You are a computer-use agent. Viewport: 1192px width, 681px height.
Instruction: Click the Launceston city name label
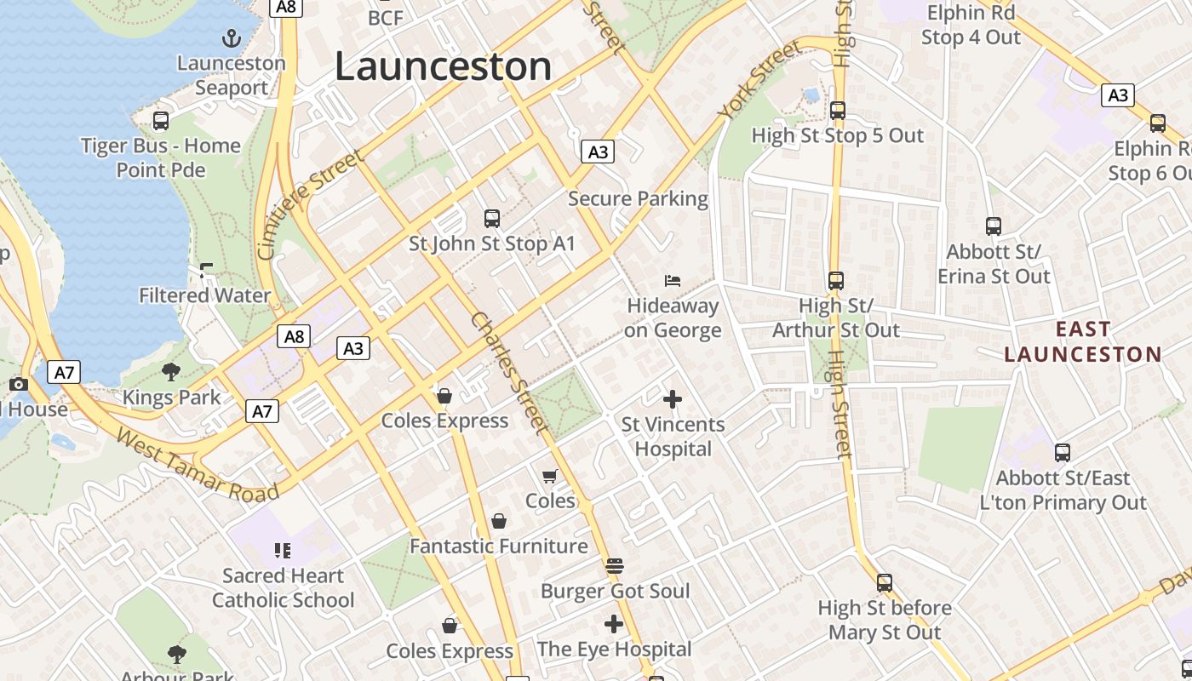[x=443, y=66]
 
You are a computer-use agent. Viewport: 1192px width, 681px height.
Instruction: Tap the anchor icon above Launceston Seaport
[x=231, y=38]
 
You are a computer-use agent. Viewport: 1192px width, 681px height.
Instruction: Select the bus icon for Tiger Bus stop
[x=160, y=121]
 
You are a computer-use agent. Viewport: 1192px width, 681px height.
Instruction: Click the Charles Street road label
[x=507, y=373]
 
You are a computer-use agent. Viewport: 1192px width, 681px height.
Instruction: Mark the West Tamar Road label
[x=198, y=466]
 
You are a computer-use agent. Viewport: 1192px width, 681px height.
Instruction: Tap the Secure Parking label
[x=638, y=199]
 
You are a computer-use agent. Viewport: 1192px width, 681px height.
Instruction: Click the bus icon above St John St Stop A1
[x=492, y=219]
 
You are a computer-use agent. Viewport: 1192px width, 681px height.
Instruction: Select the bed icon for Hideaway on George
[x=673, y=281]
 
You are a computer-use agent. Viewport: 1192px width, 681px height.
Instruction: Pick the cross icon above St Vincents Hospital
[x=673, y=398]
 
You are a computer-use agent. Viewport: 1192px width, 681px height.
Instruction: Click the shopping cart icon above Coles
[x=550, y=476]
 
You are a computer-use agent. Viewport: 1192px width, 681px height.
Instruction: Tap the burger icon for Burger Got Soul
[x=615, y=565]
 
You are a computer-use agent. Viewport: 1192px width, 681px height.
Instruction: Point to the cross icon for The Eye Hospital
[x=614, y=624]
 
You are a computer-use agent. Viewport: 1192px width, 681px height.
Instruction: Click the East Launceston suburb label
[x=1082, y=341]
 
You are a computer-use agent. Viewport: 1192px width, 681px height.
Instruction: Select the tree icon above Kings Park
[x=171, y=371]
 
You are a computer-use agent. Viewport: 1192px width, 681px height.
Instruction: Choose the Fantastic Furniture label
[x=499, y=547]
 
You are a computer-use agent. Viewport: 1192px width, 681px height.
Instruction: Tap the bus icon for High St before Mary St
[x=885, y=583]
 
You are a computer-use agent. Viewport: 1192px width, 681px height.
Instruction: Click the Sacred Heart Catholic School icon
[x=283, y=551]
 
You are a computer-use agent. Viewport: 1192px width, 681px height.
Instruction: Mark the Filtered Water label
[x=205, y=295]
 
